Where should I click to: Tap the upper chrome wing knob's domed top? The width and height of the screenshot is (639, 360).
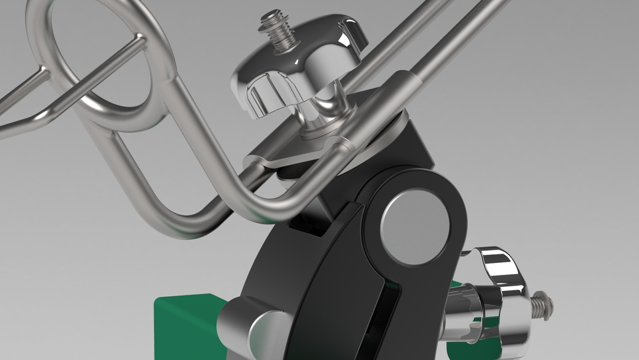[x=293, y=57]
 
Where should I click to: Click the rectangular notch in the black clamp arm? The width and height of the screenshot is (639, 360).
[x=308, y=226]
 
